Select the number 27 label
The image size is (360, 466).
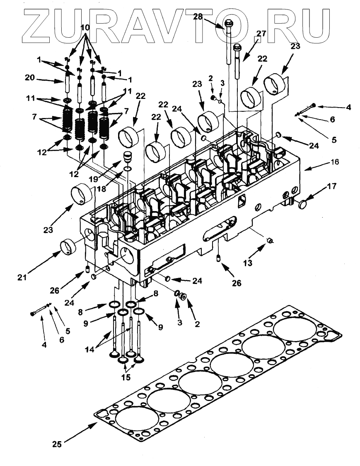[x=261, y=34]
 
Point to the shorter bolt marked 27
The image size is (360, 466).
[x=237, y=58]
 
